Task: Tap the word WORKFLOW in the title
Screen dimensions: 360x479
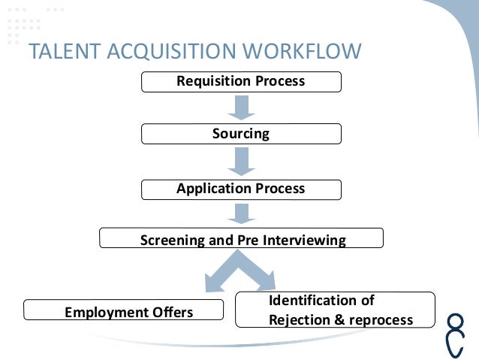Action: pyautogui.click(x=302, y=51)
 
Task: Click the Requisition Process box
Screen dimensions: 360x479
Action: pyautogui.click(x=241, y=81)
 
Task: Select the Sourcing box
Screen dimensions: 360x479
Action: pyautogui.click(x=241, y=134)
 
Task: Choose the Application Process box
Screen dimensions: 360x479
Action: pyautogui.click(x=241, y=188)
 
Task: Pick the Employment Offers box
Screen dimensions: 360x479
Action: pyautogui.click(x=124, y=310)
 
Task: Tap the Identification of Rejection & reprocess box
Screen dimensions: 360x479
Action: pyautogui.click(x=336, y=310)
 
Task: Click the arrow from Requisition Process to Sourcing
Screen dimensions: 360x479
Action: pyautogui.click(x=241, y=107)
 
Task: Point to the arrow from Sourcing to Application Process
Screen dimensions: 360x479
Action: pyautogui.click(x=241, y=160)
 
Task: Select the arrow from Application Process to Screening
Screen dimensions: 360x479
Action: pyautogui.click(x=241, y=213)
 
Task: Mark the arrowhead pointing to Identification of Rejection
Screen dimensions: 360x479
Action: pyautogui.click(x=266, y=282)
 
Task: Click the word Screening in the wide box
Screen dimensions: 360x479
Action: pyautogui.click(x=172, y=241)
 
